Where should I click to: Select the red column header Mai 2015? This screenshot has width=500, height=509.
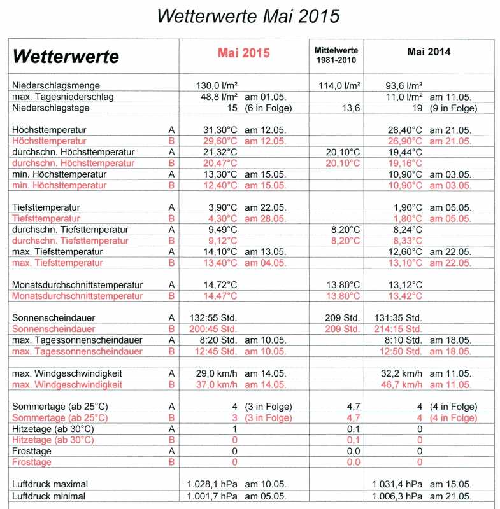pos(243,53)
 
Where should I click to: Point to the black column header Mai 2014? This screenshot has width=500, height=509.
pos(428,52)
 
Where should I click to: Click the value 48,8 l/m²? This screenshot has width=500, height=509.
pos(220,97)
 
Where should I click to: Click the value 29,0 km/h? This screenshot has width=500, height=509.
pos(217,373)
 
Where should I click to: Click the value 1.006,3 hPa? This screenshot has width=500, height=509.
pos(397,496)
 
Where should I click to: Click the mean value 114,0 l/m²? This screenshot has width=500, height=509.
pos(338,85)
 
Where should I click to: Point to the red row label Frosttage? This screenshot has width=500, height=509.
pos(32,463)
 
